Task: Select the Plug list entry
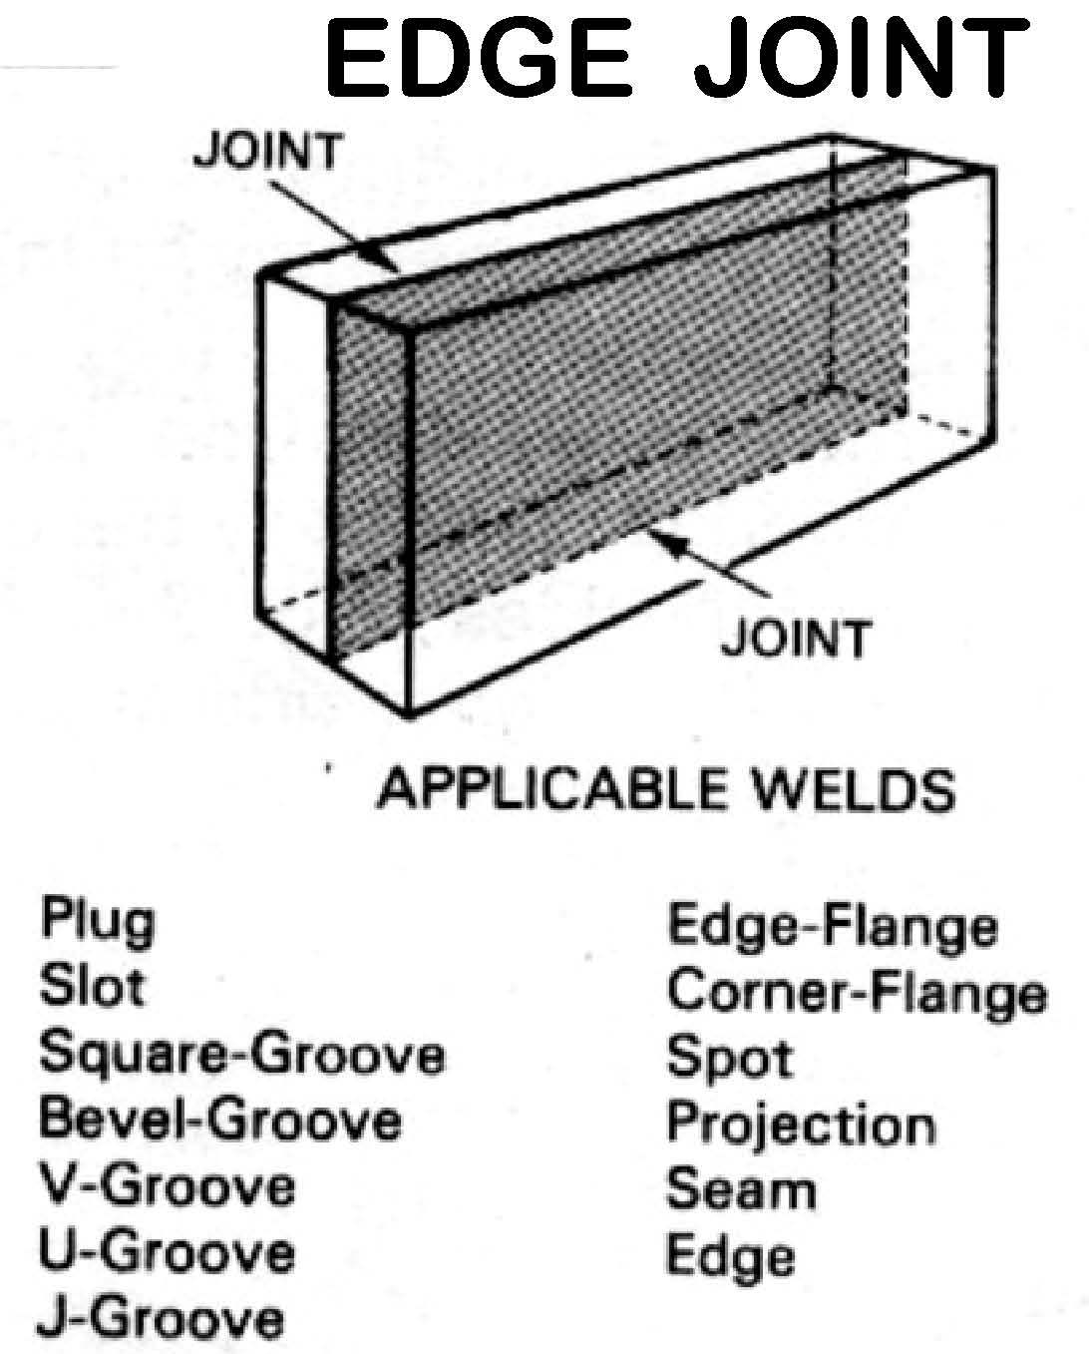(97, 922)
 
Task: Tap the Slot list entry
(92, 987)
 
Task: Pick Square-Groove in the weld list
(241, 1056)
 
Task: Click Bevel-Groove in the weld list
(220, 1121)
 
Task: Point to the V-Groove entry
(167, 1187)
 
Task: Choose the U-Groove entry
(167, 1253)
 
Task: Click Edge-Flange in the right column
(832, 928)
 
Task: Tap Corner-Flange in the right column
(857, 993)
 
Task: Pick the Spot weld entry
(729, 1060)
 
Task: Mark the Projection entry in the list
(801, 1125)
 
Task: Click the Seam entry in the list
(740, 1190)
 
